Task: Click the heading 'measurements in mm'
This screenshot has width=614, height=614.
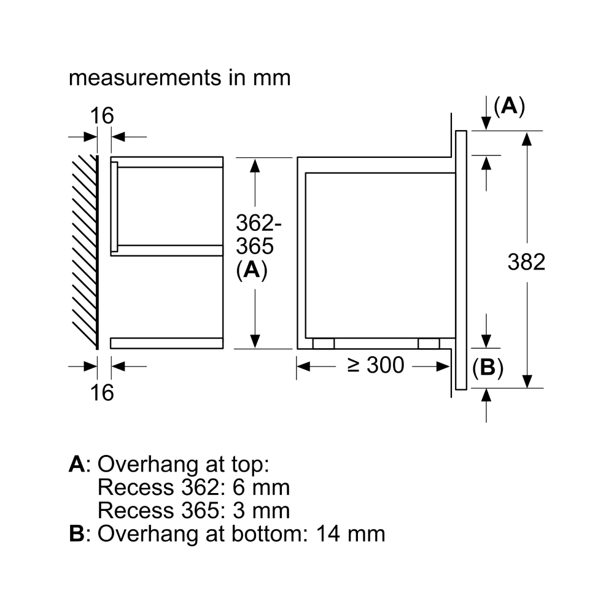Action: tap(179, 78)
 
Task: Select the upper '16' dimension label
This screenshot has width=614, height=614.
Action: tap(102, 115)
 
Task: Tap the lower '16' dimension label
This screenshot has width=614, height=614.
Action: tap(102, 392)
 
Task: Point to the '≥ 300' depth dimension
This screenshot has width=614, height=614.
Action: tap(376, 365)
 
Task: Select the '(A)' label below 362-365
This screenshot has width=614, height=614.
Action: tap(252, 271)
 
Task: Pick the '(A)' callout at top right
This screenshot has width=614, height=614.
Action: tap(509, 107)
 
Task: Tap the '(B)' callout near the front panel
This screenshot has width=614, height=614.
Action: tap(488, 368)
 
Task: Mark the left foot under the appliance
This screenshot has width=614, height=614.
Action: tap(324, 344)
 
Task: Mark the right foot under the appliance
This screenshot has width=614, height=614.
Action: tap(429, 344)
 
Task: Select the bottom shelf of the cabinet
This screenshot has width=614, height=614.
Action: tap(166, 343)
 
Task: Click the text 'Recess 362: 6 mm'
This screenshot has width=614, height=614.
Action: tap(193, 488)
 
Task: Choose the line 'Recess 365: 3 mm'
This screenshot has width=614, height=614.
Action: tap(193, 510)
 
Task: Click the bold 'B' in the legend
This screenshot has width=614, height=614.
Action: tap(76, 533)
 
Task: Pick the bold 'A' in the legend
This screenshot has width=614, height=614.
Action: tap(76, 465)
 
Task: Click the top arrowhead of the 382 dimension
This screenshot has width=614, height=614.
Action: tap(526, 136)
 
